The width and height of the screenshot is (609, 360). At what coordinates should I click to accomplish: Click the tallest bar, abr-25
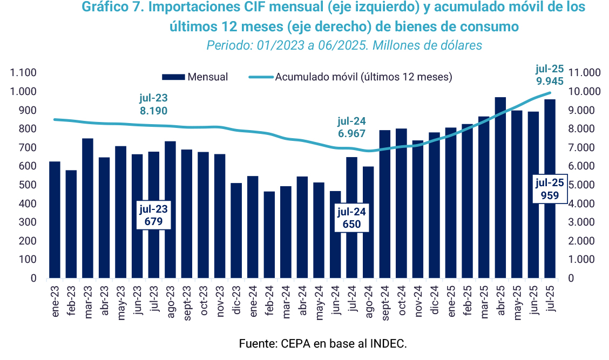500,187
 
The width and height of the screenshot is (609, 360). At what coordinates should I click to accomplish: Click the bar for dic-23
236,230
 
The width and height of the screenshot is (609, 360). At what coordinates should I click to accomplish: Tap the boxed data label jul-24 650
351,218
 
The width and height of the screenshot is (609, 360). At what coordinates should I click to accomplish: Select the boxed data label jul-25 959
550,189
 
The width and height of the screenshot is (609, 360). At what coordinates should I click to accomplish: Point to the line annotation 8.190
153,111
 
